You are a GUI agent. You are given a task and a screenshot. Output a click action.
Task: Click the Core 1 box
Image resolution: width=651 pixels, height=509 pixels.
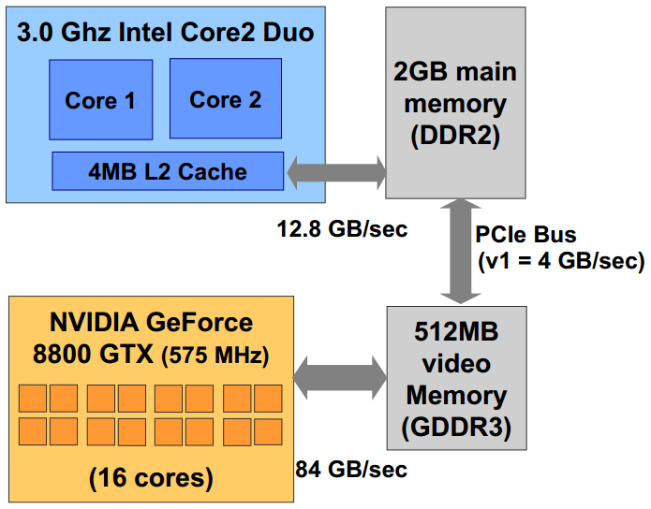click(x=100, y=99)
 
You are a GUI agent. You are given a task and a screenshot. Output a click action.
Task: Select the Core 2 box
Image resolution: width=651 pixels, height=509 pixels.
click(x=225, y=98)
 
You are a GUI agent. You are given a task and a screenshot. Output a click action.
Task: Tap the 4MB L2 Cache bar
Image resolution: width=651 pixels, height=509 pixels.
click(x=168, y=171)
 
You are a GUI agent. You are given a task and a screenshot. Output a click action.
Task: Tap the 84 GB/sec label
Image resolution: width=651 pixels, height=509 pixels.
click(x=351, y=470)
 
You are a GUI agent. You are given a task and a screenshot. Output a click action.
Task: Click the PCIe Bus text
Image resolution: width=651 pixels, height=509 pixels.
click(x=526, y=234)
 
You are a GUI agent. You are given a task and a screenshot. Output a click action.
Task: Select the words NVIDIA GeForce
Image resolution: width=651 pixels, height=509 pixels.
click(x=151, y=324)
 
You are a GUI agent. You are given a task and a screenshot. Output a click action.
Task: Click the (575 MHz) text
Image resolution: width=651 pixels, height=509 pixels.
click(x=217, y=356)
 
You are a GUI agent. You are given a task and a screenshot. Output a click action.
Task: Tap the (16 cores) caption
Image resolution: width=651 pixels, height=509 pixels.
click(x=150, y=478)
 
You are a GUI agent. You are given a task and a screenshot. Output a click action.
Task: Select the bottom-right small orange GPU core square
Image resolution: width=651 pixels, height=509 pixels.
click(x=268, y=431)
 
